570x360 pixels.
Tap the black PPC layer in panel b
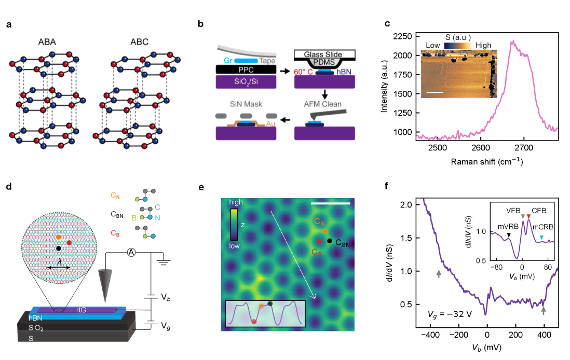tap(245, 69)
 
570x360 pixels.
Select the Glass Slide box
tap(324, 54)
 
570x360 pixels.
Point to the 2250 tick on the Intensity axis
tap(414, 36)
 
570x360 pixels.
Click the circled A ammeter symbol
tap(132, 253)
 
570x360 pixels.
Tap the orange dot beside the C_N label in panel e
tap(324, 231)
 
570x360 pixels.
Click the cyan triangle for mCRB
tap(541, 237)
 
